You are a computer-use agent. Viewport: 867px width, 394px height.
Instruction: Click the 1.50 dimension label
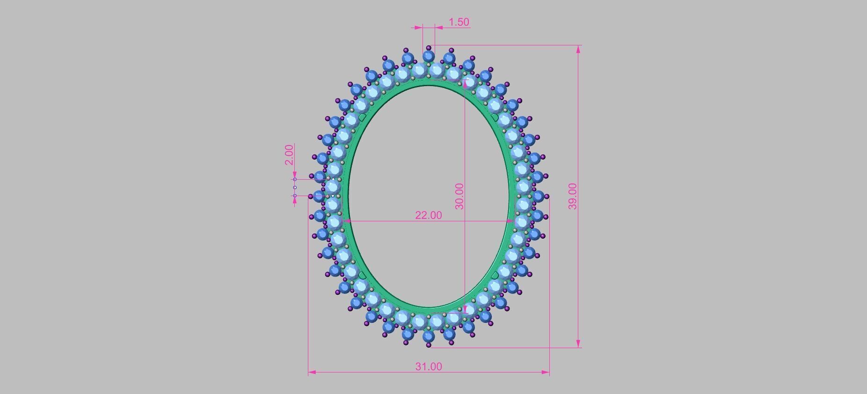(459, 22)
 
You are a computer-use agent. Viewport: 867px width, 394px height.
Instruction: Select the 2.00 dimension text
(289, 155)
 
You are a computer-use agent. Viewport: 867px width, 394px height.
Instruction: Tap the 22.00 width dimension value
(428, 215)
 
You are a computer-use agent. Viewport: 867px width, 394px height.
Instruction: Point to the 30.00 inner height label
(459, 196)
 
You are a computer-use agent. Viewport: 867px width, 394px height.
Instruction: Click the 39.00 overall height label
(572, 196)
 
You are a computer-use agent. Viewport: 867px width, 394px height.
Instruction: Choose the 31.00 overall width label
(428, 366)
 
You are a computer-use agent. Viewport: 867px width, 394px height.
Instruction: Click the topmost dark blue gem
(428, 57)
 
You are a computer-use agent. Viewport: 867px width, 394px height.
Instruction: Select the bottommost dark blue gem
(428, 336)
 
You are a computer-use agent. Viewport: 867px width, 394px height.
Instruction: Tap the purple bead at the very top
(429, 48)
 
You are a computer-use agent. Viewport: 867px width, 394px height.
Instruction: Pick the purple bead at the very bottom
(429, 345)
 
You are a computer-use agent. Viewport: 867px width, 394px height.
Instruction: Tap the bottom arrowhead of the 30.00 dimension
(465, 309)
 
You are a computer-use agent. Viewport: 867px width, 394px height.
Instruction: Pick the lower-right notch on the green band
(495, 275)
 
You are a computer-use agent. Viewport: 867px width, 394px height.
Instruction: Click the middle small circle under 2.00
(295, 188)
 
